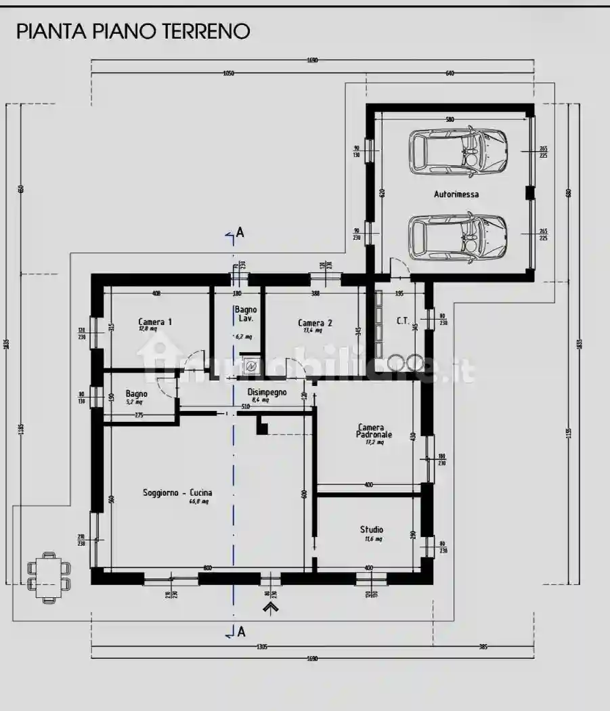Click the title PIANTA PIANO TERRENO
(133, 31)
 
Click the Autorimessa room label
(456, 194)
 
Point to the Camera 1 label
(155, 322)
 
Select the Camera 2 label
(315, 323)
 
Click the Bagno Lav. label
(245, 314)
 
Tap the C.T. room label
(402, 322)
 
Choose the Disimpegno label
(267, 392)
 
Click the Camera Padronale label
(370, 431)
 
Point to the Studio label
(371, 530)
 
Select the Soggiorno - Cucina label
(177, 493)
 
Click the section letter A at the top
(240, 232)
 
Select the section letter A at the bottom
(241, 632)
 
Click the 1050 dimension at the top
(228, 74)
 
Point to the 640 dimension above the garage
(450, 74)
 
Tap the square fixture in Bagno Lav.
(251, 366)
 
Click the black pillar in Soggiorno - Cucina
(262, 425)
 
